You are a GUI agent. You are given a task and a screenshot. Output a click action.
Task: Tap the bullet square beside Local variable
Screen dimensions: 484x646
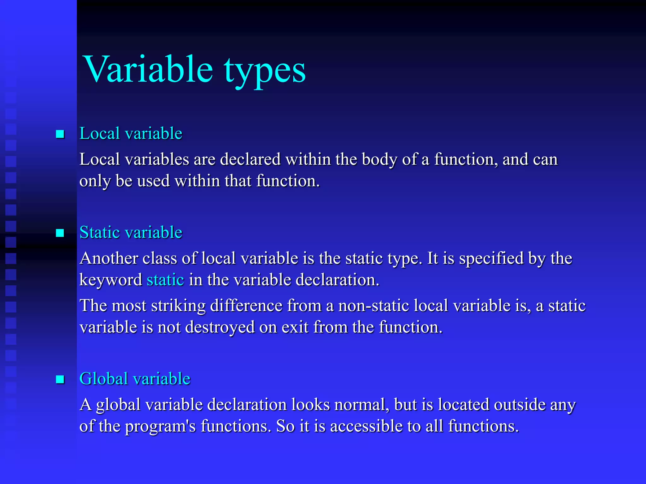[x=60, y=134]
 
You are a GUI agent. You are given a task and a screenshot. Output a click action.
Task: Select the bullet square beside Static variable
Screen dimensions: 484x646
[x=60, y=233]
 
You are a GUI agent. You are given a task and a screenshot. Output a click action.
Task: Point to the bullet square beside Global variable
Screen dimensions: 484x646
[x=60, y=379]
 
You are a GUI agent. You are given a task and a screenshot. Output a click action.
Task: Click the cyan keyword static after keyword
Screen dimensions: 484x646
[x=165, y=280]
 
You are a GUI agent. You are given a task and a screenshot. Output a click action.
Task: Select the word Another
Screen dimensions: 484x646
[x=109, y=258]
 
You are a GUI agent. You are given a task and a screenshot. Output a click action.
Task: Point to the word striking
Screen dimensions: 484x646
[x=178, y=306]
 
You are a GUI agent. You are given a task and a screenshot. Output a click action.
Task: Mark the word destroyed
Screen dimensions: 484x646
[x=220, y=327]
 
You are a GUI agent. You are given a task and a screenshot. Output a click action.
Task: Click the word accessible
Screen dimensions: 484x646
[x=366, y=426]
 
